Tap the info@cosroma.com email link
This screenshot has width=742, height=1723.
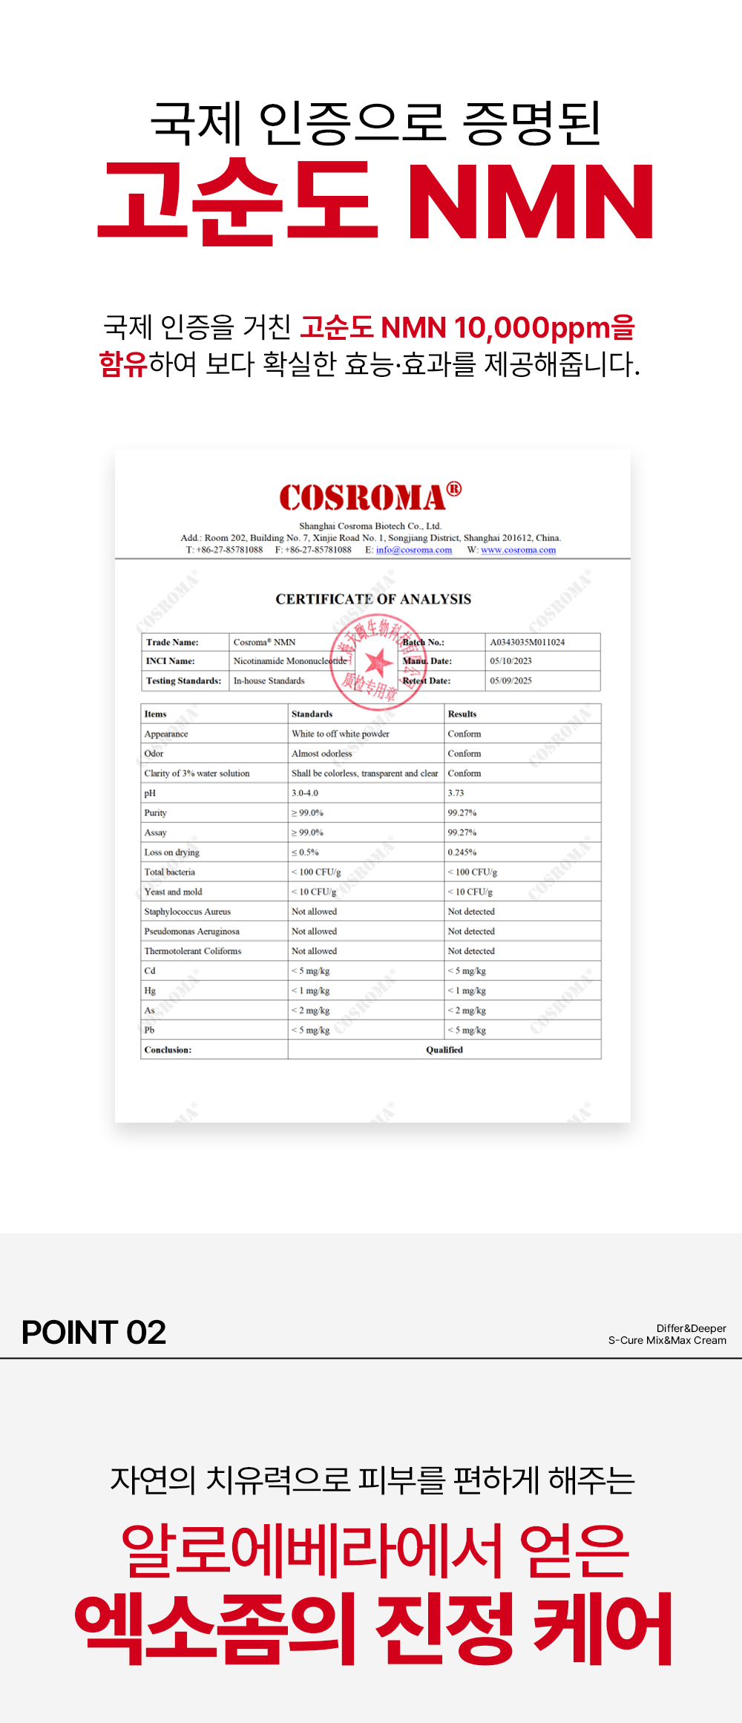413,550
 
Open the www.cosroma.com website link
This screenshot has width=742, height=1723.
518,550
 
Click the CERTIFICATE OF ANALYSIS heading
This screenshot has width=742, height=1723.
373,599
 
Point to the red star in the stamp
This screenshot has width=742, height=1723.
378,660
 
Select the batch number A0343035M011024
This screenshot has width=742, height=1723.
527,642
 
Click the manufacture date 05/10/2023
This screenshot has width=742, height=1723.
510,660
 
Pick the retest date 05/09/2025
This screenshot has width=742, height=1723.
510,680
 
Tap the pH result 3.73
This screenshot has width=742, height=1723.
456,793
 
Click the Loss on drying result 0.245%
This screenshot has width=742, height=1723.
462,853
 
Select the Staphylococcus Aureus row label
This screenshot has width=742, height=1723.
187,911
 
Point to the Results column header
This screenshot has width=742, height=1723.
462,714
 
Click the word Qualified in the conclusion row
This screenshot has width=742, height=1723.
444,1050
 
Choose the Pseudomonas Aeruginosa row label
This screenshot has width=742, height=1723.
191,931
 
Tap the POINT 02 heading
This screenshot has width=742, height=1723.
93,1332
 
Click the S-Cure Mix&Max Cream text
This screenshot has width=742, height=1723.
667,1340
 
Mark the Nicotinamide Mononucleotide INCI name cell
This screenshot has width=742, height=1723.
289,660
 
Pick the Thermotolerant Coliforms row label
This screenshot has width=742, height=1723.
192,951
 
